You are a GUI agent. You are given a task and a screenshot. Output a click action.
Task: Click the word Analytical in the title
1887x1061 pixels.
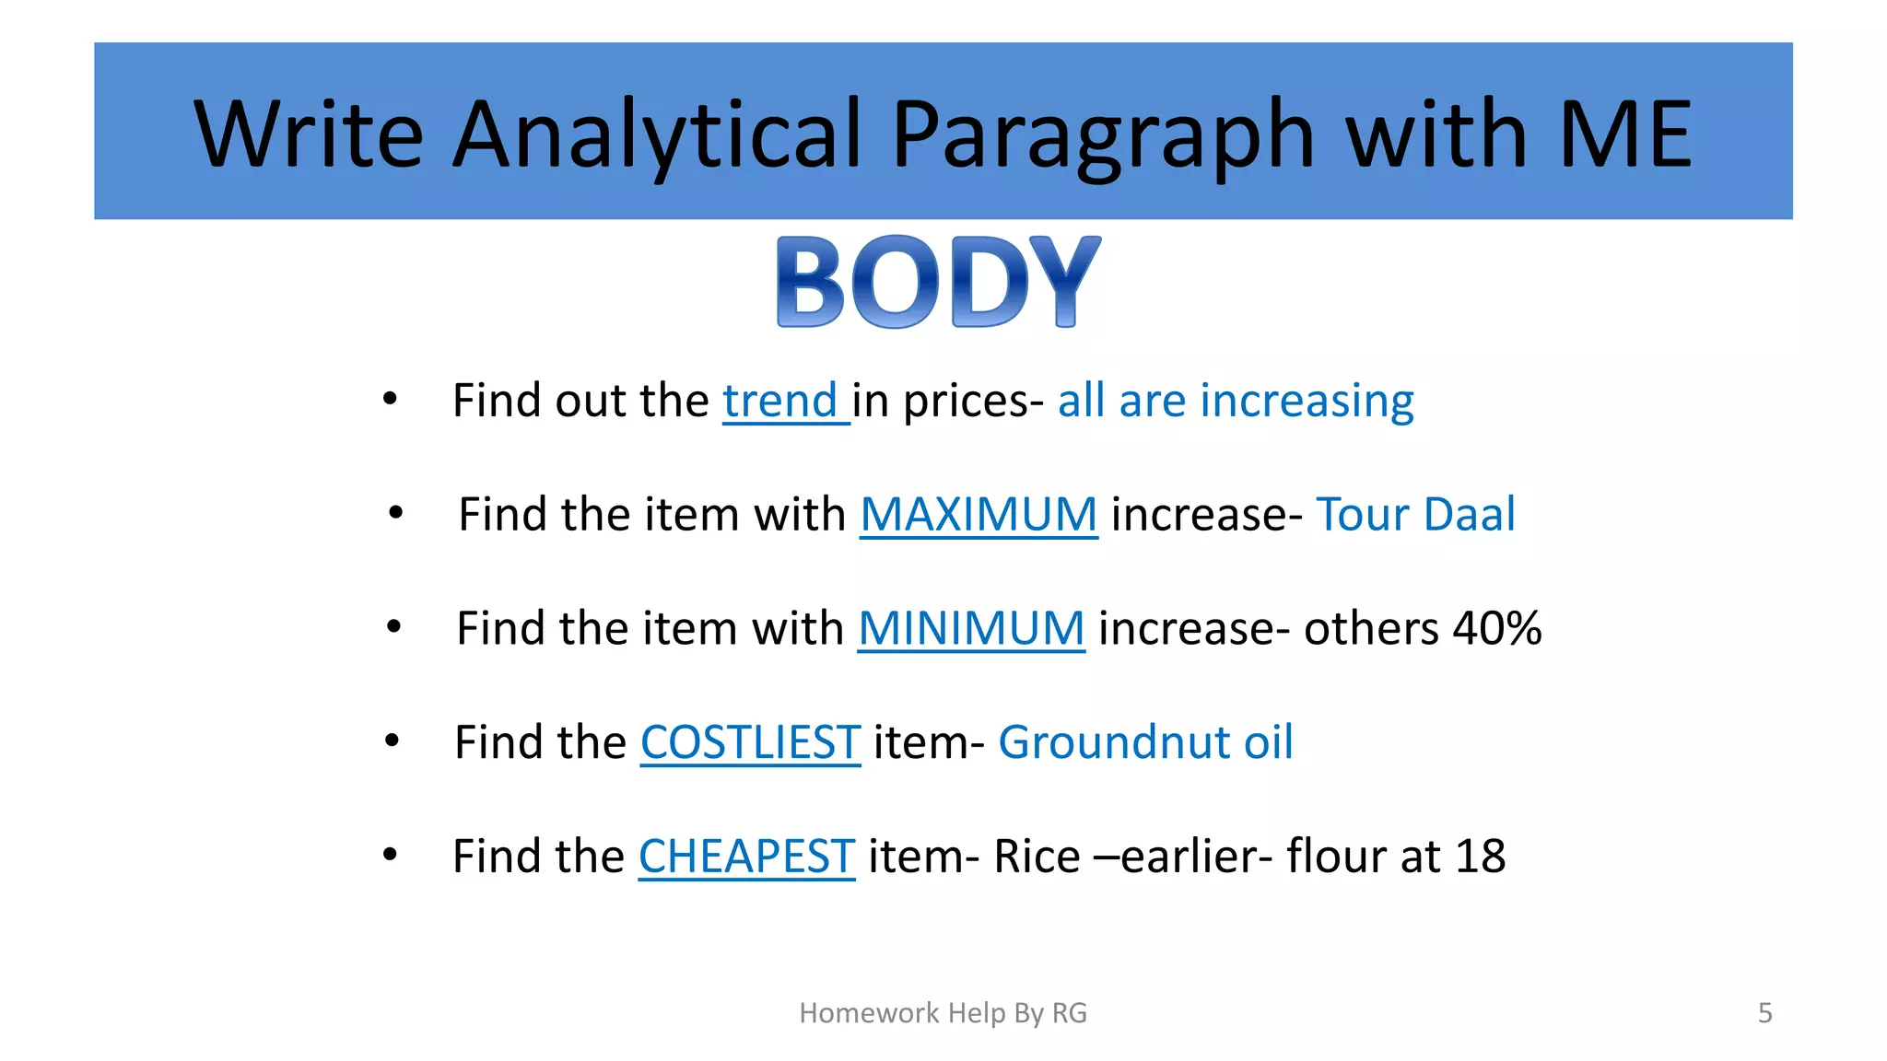(656, 134)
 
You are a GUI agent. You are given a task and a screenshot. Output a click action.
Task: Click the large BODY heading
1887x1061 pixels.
(938, 282)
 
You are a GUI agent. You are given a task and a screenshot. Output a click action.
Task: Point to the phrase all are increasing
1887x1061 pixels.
(1235, 401)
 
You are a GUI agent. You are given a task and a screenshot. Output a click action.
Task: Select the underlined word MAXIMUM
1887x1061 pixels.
(979, 514)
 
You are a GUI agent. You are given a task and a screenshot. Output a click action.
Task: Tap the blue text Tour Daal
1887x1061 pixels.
(1415, 514)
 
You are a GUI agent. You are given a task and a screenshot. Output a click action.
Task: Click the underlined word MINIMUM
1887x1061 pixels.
(971, 628)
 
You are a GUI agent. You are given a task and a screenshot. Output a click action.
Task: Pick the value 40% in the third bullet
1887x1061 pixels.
(1497, 628)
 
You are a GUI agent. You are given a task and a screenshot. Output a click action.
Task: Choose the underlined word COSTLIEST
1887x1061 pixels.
(750, 742)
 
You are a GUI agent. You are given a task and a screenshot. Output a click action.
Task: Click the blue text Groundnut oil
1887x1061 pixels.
(1145, 742)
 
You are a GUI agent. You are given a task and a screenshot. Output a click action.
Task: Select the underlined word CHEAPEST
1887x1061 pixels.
(746, 857)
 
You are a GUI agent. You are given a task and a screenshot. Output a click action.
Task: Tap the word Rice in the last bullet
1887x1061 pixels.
(1037, 857)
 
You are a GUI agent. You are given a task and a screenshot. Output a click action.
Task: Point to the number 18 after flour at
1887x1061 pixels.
(1480, 857)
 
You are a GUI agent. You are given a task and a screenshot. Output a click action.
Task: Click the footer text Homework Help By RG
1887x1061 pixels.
(943, 1013)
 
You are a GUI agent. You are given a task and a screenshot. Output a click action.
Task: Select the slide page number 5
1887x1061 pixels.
(1764, 1013)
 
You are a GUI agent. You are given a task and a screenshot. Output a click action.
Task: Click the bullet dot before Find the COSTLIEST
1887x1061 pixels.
(392, 740)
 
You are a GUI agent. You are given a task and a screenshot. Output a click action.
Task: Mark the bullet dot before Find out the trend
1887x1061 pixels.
(390, 399)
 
